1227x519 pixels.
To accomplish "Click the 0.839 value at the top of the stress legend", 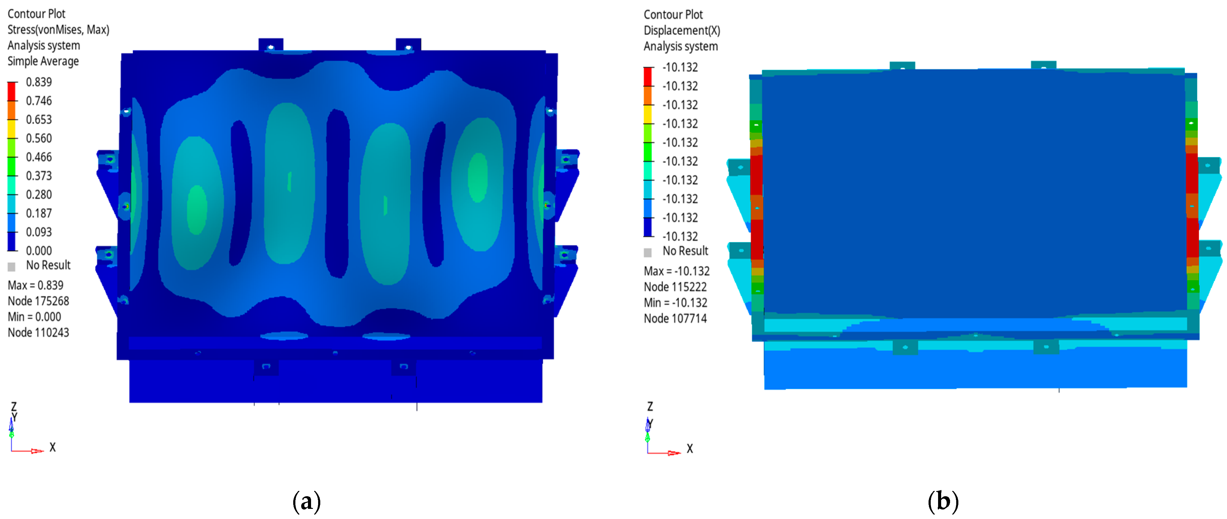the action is (x=39, y=82).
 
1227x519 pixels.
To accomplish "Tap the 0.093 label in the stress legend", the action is (x=39, y=232).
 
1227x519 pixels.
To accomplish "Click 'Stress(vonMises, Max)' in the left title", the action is (x=58, y=30).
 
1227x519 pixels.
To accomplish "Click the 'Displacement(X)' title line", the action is (x=682, y=30).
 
